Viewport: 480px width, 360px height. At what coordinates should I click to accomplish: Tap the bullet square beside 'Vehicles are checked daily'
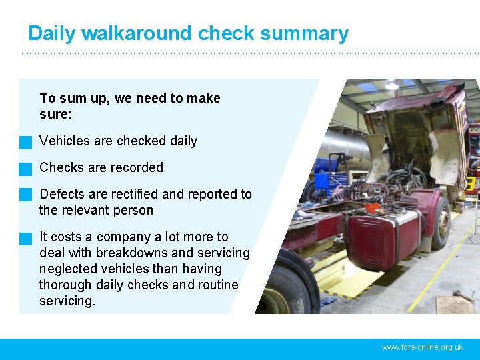[26, 142]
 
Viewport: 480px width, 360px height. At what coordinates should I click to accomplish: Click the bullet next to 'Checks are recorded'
[26, 169]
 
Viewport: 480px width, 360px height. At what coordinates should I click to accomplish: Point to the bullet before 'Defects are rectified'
[26, 195]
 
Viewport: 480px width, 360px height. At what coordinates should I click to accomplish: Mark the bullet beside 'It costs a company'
[26, 238]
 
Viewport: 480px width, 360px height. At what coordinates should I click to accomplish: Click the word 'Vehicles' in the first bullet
[64, 141]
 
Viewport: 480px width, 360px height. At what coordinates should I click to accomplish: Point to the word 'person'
[133, 210]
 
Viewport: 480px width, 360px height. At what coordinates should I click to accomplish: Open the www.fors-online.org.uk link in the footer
[422, 347]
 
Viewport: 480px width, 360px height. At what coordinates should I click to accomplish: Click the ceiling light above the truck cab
[392, 85]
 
